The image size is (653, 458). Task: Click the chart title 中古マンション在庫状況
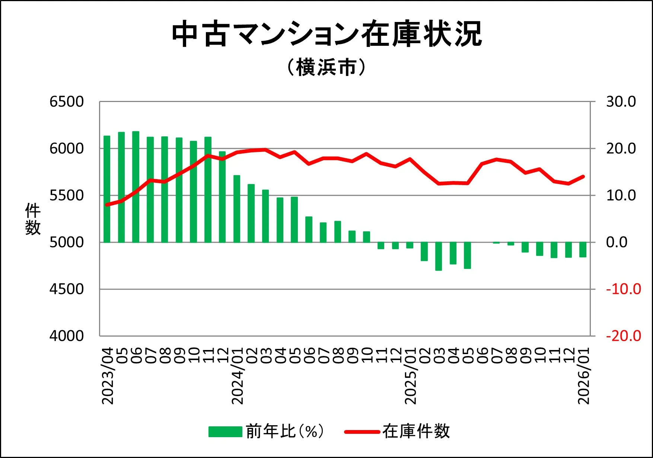(x=326, y=34)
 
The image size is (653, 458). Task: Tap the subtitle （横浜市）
(x=326, y=68)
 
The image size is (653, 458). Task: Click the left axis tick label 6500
(x=67, y=102)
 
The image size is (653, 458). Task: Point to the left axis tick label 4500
(x=67, y=289)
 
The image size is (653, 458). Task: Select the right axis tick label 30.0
(x=621, y=102)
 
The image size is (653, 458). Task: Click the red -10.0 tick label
(x=623, y=289)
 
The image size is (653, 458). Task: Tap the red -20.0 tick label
(x=623, y=336)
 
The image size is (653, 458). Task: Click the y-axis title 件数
(x=33, y=219)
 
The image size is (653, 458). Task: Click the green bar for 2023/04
(x=107, y=189)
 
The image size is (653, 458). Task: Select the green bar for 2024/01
(x=237, y=209)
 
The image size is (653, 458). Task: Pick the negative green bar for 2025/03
(x=439, y=256)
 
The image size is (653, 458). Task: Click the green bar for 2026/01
(x=583, y=249)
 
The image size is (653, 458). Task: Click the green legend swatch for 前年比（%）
(x=225, y=432)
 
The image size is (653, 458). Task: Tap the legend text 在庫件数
(x=416, y=431)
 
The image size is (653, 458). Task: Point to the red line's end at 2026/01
(x=583, y=176)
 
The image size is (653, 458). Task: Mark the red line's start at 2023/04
(x=107, y=204)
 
